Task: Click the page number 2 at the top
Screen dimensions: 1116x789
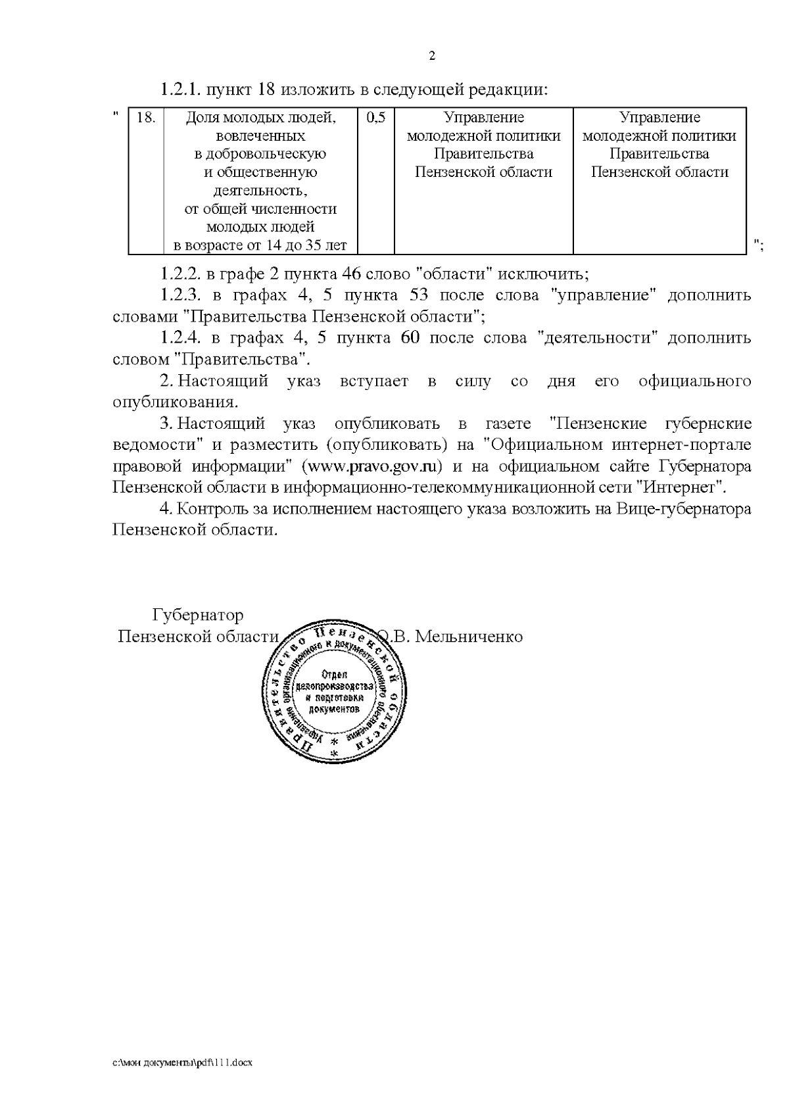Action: (x=432, y=57)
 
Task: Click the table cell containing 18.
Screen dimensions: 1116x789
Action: (x=145, y=118)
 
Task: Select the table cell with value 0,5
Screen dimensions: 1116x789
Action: (x=376, y=118)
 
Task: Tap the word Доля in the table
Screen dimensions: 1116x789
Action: (x=202, y=118)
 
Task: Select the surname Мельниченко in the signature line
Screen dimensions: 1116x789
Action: (x=469, y=637)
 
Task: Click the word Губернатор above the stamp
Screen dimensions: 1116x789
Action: (x=198, y=616)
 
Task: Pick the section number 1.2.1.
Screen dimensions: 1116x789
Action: (x=181, y=89)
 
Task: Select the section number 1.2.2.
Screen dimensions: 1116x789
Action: (x=180, y=274)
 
